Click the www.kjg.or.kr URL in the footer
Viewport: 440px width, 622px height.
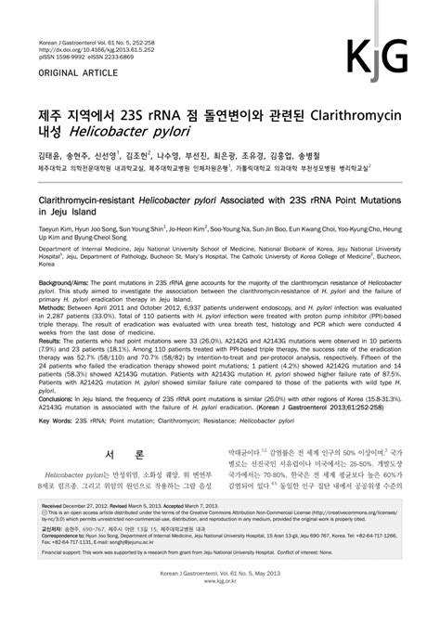click(x=219, y=611)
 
